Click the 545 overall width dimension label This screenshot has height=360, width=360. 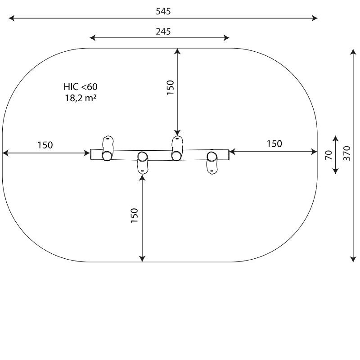[x=163, y=11]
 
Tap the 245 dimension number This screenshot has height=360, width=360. [x=163, y=31]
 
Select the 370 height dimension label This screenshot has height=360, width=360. [x=347, y=153]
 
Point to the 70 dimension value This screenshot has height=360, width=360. [x=328, y=155]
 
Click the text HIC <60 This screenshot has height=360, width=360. [x=81, y=87]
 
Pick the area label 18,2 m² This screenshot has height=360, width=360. [x=81, y=98]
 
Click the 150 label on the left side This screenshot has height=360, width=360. [x=45, y=145]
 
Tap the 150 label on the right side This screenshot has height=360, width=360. [x=274, y=144]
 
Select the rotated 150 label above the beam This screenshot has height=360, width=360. [x=171, y=87]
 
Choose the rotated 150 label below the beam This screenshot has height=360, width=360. [x=134, y=216]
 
